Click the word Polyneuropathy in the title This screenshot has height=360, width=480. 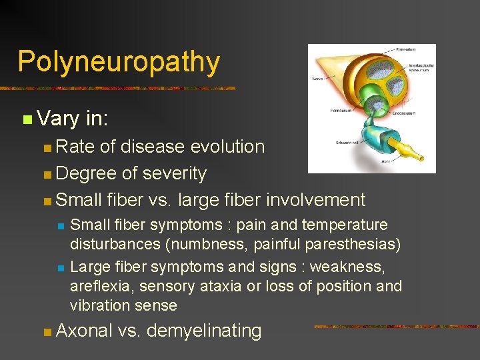coord(119,61)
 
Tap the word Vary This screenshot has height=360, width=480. coord(59,119)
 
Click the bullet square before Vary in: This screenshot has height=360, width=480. coord(26,120)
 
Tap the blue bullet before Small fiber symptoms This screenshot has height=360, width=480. coord(61,226)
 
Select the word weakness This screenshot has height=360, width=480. coord(360,267)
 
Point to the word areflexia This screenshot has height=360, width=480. coord(97,287)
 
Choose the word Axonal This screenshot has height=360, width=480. coord(85,330)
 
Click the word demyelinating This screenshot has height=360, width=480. coord(204,330)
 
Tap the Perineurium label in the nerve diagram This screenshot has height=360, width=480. coord(340,111)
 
